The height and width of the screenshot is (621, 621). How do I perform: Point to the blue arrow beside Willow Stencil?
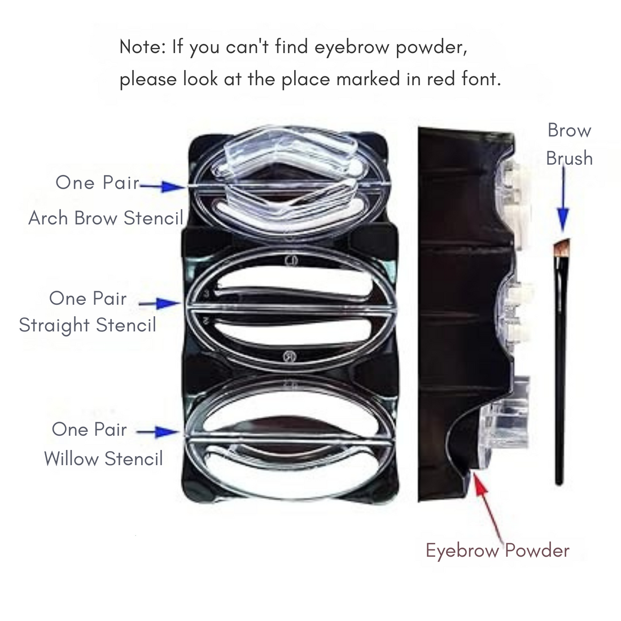(158, 432)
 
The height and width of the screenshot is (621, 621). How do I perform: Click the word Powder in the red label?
(537, 550)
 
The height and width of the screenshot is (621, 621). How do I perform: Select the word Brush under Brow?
(569, 158)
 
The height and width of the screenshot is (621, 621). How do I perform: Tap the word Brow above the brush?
(569, 130)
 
